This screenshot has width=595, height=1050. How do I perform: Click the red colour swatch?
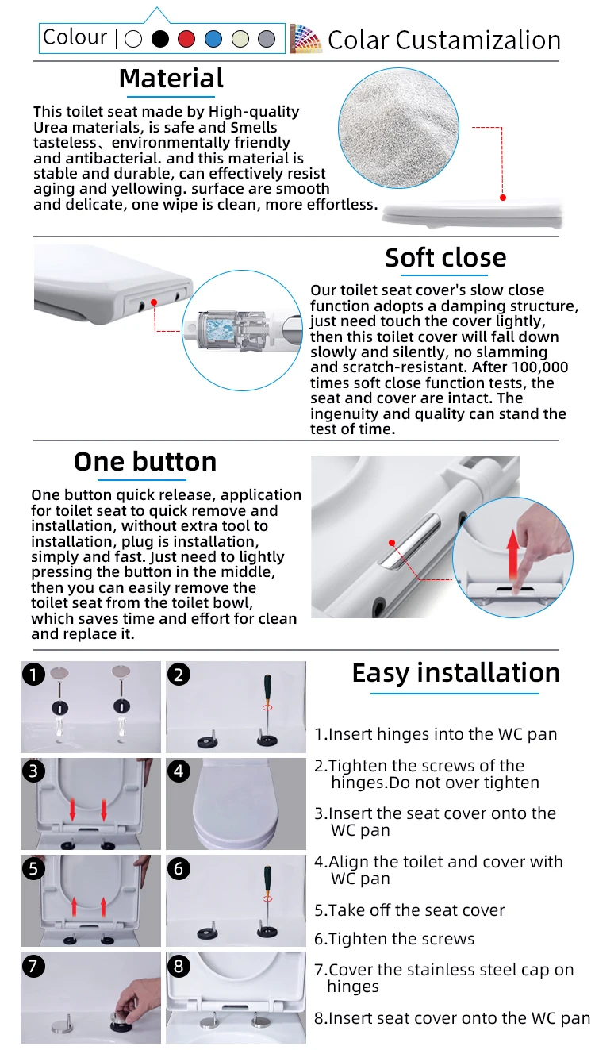point(186,39)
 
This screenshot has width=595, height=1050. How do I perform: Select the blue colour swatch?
point(213,39)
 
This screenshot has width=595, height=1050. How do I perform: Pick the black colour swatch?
point(159,39)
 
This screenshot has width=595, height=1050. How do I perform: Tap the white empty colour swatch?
point(133,39)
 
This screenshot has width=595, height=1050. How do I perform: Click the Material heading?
point(171,79)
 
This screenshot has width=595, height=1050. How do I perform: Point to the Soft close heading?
point(446,257)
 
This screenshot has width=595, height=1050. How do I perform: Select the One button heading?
point(144,462)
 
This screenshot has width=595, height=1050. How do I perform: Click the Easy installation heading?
point(456,674)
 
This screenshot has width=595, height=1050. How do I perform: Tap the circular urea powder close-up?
point(398,128)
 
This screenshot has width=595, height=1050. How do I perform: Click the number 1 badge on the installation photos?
point(33,675)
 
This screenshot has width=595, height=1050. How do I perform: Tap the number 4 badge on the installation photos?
point(178,771)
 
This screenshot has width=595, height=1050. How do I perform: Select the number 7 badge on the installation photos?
point(33,966)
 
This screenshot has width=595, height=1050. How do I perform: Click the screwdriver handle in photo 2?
point(268,689)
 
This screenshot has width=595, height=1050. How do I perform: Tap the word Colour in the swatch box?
point(75,37)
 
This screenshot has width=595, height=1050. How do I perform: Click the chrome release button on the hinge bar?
point(409,541)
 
